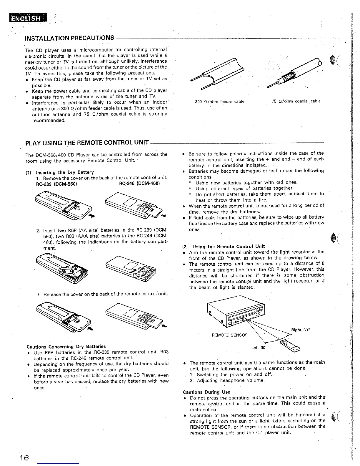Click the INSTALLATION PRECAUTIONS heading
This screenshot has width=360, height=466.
coord(70,38)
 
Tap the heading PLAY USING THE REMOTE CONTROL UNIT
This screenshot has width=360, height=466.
coord(87,143)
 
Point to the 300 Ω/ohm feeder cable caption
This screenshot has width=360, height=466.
coord(220,102)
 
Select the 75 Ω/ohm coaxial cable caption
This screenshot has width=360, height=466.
coord(296,101)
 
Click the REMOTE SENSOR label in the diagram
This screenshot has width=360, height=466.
coord(230,335)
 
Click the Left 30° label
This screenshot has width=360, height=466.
coord(259,347)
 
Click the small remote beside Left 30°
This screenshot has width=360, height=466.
coord(290,345)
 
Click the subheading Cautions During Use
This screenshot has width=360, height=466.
coord(206,392)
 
